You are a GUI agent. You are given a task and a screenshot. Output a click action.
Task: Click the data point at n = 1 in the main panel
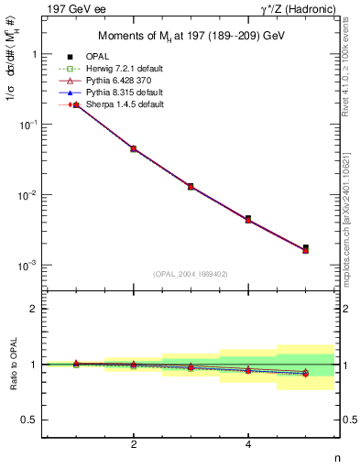(76, 105)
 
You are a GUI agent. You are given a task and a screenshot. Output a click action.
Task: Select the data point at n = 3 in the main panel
(191, 186)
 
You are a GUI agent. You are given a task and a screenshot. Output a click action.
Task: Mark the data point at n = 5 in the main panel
(305, 248)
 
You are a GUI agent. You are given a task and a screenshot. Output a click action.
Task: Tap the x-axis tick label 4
(248, 445)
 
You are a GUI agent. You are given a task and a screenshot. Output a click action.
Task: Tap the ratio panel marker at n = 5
(305, 373)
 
